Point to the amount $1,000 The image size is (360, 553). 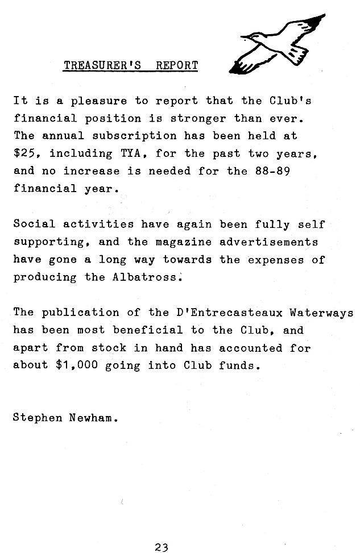(80, 365)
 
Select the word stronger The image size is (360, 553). (192, 118)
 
